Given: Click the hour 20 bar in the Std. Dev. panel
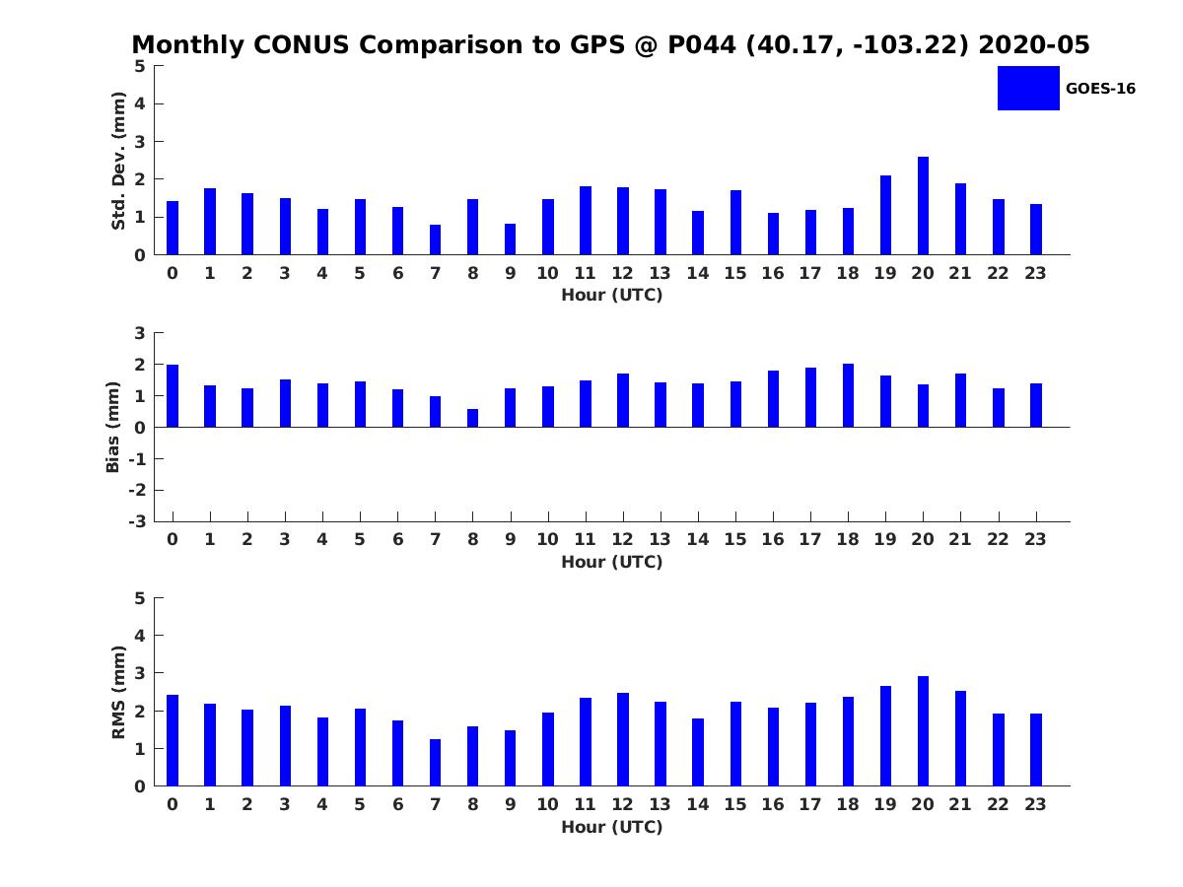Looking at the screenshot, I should tap(923, 206).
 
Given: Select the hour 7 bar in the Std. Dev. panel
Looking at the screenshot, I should tap(435, 239).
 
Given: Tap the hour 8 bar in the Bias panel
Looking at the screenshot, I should tap(472, 418).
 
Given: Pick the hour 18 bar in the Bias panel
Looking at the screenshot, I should tap(848, 395).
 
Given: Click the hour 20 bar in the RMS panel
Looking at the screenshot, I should tap(923, 731).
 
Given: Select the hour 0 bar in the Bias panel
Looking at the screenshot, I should tap(173, 396).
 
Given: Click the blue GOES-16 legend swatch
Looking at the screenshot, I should tap(1028, 88).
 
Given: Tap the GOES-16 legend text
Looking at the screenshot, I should tap(1100, 89).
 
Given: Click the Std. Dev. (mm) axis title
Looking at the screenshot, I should tap(119, 161).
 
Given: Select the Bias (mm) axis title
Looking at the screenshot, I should tap(113, 427).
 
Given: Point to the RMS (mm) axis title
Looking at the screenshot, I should tap(119, 692).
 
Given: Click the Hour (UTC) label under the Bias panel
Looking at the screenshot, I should tap(612, 562).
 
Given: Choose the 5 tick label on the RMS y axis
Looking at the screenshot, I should tap(140, 598).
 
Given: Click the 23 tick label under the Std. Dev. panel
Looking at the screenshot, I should tap(1036, 273).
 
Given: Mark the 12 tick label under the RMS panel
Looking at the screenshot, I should tap(622, 804).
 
